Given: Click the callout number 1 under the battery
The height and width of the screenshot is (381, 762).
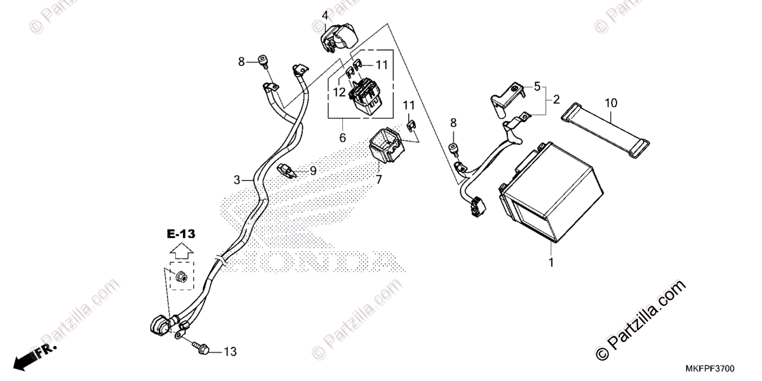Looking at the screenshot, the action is tap(551, 262).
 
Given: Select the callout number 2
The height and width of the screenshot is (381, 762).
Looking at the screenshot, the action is tap(556, 99).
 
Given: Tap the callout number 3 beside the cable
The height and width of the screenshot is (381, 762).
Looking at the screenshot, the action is tap(237, 180).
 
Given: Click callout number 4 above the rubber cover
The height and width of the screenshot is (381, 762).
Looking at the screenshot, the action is tap(324, 15).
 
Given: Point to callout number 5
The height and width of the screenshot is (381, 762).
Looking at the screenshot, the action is tap(537, 86).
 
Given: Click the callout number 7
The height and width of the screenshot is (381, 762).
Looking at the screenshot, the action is tap(378, 180).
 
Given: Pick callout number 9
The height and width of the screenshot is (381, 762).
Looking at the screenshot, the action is tap(312, 171).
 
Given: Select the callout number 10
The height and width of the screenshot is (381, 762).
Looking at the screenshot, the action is tap(611, 102).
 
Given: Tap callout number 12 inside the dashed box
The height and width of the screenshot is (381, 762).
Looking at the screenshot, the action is tap(339, 92).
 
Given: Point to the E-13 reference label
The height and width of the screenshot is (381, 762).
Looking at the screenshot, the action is tap(182, 234).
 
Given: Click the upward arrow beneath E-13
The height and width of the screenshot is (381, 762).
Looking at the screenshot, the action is tap(182, 251).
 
